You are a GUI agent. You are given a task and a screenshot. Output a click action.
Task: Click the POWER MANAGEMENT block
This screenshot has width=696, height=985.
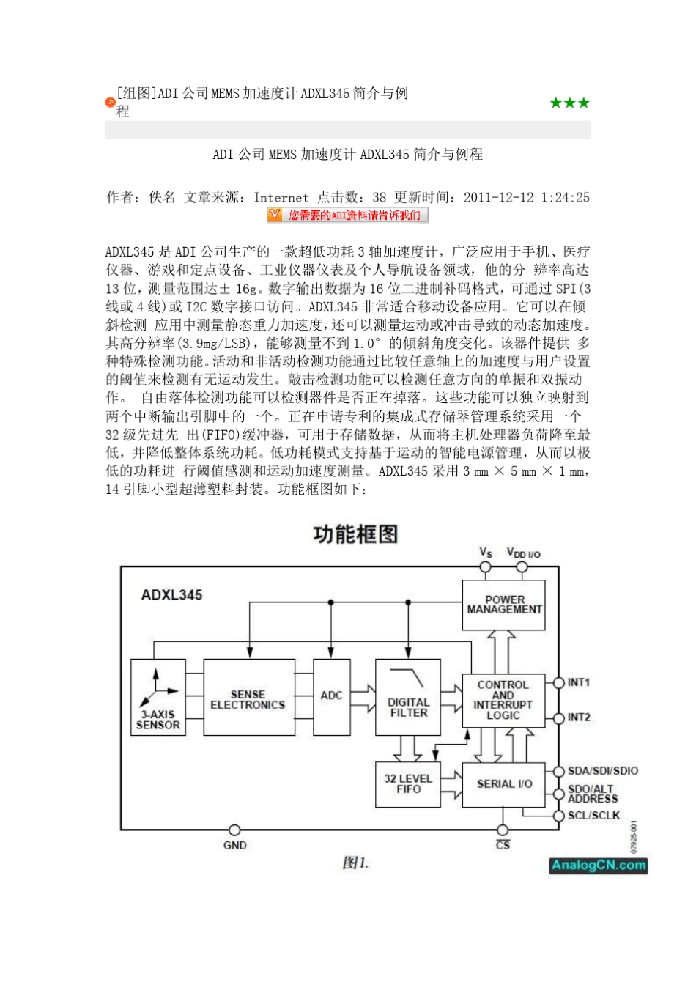pos(503,605)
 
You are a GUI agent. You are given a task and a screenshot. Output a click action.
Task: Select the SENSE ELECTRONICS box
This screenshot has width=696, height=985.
pos(248,698)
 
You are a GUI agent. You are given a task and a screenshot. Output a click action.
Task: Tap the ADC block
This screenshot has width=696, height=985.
pos(331,696)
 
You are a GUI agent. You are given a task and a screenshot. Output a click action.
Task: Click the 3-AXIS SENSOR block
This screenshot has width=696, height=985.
pos(158,698)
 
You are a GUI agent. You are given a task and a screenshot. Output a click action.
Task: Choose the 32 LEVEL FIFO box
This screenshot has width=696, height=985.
pos(408,784)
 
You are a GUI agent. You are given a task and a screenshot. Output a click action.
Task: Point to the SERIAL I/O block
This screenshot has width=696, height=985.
pos(503,784)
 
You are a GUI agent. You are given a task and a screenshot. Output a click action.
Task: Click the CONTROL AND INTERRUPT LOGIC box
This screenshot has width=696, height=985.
pos(503,700)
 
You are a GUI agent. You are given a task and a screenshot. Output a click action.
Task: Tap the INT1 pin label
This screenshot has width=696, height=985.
pos(579,682)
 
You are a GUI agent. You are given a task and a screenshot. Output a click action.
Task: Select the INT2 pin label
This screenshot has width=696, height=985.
pos(579,717)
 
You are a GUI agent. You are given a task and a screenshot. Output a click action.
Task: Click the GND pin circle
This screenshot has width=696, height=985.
pos(234,830)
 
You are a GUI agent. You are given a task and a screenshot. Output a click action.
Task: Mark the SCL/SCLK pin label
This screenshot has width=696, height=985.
pos(594,816)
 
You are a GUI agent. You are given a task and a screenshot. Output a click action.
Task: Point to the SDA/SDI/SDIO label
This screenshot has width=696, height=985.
pos(603,771)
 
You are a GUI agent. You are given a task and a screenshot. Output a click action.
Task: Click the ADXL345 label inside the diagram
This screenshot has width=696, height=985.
pos(172,595)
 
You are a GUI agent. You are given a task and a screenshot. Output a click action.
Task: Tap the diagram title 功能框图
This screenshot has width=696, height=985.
pos(355,534)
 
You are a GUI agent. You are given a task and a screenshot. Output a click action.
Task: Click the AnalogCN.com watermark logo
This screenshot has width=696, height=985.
pos(599,866)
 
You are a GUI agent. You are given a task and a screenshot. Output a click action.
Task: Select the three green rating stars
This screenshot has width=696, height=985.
pos(569,103)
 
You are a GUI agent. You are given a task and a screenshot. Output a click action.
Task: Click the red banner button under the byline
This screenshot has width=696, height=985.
pos(347,215)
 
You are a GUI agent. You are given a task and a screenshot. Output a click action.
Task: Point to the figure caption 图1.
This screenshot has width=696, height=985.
pos(355,863)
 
